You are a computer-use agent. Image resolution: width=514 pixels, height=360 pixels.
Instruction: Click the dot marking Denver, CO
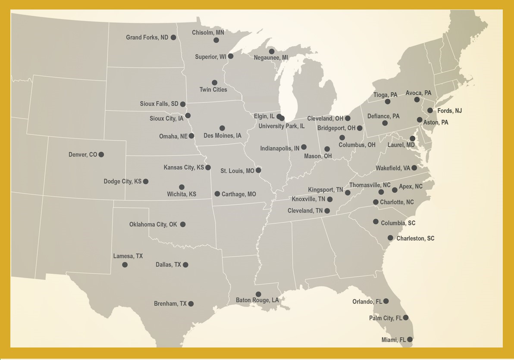(x=101, y=154)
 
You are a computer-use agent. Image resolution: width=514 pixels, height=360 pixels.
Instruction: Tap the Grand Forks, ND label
(x=147, y=38)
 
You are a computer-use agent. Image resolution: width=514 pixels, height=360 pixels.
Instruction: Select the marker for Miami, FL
(x=410, y=340)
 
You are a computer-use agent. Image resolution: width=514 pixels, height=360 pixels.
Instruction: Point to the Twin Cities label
(x=213, y=90)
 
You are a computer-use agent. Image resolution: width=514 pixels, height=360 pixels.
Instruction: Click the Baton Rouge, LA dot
(x=258, y=294)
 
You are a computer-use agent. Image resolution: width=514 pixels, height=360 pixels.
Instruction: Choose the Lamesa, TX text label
(x=128, y=256)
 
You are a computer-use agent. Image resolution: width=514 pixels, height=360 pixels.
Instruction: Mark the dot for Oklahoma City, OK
(x=183, y=224)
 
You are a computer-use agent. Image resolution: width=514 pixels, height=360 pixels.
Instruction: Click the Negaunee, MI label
(x=271, y=58)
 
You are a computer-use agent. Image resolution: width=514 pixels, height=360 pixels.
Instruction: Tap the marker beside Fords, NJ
(x=430, y=110)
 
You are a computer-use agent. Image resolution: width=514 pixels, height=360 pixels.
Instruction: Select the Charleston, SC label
(x=415, y=238)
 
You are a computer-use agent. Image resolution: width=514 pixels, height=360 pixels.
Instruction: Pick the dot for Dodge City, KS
(x=146, y=182)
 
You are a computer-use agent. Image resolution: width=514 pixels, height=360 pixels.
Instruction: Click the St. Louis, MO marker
(x=258, y=170)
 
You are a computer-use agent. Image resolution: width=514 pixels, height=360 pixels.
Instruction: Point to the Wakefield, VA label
(x=393, y=168)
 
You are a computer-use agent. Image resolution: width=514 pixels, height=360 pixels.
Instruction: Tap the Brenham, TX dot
(x=191, y=304)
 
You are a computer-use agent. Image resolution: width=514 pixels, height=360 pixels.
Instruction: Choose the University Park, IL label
(x=282, y=126)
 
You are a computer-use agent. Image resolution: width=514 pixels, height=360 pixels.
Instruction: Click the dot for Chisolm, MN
(x=216, y=40)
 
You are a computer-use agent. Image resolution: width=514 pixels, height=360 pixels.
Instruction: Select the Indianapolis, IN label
(x=279, y=148)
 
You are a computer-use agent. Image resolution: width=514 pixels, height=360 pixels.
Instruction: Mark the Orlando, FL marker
(x=386, y=301)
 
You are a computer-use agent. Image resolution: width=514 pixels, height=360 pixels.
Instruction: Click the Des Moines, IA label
(x=222, y=135)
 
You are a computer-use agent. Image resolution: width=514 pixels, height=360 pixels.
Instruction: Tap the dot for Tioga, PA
(x=388, y=102)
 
